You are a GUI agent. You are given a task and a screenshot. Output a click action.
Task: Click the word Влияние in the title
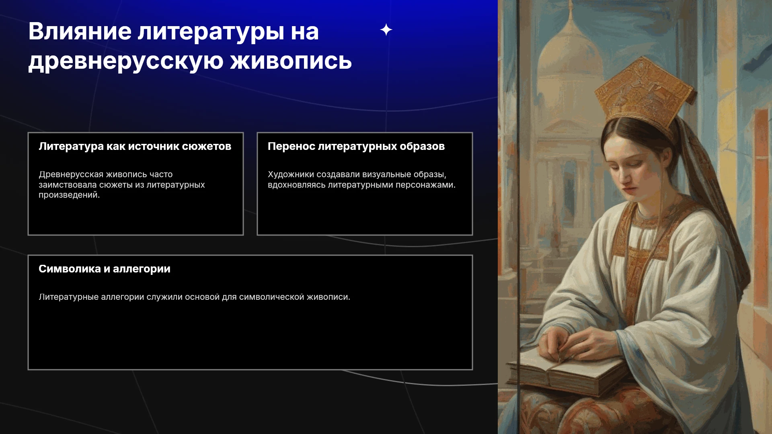[80, 31]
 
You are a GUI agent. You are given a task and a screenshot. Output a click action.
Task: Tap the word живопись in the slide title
[291, 61]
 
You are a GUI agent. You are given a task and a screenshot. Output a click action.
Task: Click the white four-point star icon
[386, 30]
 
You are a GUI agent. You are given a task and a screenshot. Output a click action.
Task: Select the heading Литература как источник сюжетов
[135, 146]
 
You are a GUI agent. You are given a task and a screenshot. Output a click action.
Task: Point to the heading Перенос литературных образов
[356, 146]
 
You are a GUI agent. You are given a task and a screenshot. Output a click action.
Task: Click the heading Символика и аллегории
[105, 269]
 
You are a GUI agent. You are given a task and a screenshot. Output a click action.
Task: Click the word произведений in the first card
[69, 195]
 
